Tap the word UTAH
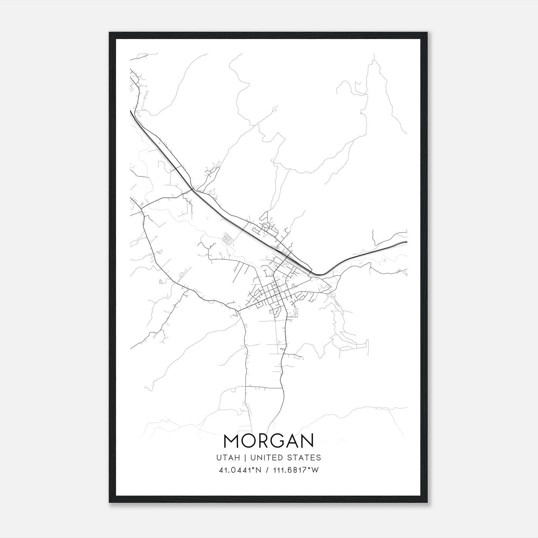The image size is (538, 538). coord(228,458)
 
